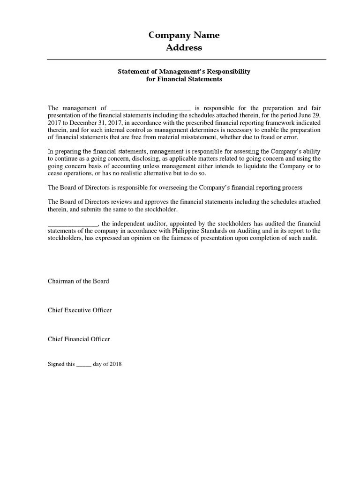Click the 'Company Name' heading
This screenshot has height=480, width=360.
[184, 35]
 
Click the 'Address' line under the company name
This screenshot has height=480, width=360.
[184, 47]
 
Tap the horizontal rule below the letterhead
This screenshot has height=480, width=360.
[187, 60]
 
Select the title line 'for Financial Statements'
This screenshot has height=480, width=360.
[184, 79]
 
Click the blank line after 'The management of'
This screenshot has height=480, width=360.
[150, 109]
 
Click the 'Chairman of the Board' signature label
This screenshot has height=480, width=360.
[78, 281]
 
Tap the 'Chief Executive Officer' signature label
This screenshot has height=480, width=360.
[80, 310]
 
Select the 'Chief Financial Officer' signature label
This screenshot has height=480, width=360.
[79, 339]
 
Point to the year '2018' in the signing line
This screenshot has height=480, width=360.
[115, 364]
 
